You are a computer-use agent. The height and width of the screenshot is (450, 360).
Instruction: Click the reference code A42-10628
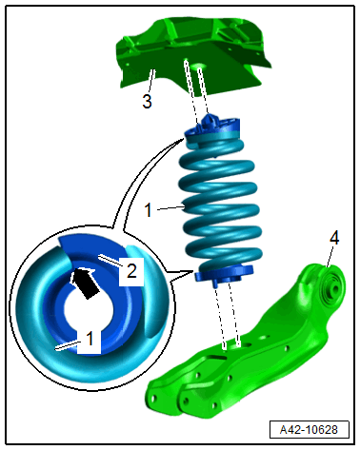[x=309, y=430]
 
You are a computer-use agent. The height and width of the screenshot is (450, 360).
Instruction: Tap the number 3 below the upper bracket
[x=147, y=102]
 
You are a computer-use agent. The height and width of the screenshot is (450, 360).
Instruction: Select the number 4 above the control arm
[x=334, y=238]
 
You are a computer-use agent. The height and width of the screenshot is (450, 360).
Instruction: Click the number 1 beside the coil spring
[x=148, y=210]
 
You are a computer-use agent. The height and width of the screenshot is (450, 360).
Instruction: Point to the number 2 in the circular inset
[x=131, y=271]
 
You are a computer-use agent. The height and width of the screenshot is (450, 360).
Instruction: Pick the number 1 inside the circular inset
[x=90, y=339]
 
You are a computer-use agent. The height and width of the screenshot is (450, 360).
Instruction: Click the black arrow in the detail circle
[x=84, y=283]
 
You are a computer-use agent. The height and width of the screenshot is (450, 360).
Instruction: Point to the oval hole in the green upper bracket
[x=200, y=67]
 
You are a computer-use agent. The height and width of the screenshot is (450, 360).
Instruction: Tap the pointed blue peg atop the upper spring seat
[x=209, y=121]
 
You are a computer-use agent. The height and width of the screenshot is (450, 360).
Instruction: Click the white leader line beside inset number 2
[x=110, y=260]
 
